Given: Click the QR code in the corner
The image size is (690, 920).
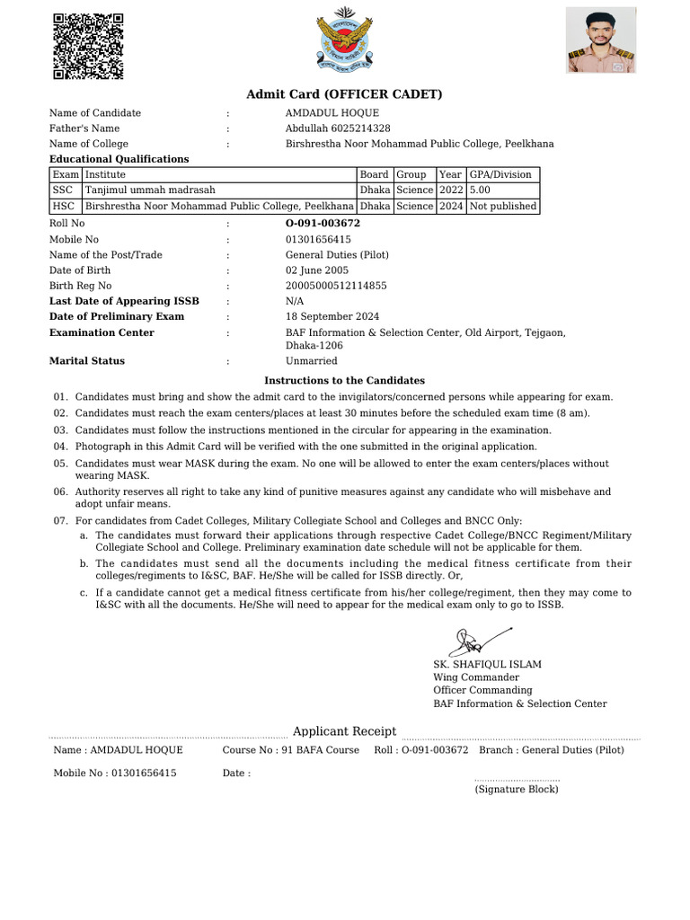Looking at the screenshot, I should coord(88,47).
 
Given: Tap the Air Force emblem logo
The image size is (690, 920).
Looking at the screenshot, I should coord(344,40).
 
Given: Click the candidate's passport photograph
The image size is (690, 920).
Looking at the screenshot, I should coord(600,40).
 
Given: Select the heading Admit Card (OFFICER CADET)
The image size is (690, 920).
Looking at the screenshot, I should coord(344,94).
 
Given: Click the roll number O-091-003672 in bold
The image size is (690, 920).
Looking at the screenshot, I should coord(323,223).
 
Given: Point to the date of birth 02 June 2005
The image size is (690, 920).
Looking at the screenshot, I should coord(317,270).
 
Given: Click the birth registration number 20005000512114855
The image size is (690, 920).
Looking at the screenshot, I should coord(336,286).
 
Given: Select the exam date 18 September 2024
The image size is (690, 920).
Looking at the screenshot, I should coord(332,316).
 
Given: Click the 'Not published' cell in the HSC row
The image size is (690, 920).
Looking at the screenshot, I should coord(502,206).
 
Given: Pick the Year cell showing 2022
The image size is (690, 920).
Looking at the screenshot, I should coord(450,190).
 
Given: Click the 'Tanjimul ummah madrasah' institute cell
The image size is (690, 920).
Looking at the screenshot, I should coord(150,190).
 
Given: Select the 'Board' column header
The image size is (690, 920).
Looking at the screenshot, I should coord(374,174).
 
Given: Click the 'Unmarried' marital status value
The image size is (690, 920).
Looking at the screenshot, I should coord(312,361).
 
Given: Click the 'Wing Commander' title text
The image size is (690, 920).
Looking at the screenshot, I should coord(476,677).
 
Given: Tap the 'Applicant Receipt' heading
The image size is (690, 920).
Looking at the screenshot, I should coord(344,731).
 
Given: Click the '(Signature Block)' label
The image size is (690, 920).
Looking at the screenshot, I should coord(517,789).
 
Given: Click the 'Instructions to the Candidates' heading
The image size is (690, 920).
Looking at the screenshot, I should coord(344,381).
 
